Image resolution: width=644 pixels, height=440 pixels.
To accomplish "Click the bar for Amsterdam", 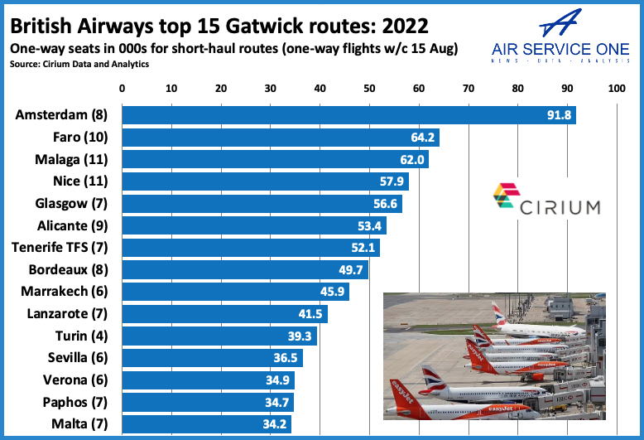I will pyautogui.click(x=348, y=115).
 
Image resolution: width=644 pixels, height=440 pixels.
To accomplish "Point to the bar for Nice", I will pyautogui.click(x=265, y=181).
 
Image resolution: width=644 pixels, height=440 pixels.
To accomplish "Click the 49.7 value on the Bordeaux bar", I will pyautogui.click(x=353, y=269).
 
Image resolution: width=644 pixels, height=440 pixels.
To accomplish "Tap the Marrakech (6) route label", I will pyautogui.click(x=70, y=292).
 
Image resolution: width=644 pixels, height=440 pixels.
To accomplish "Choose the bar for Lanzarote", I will pyautogui.click(x=224, y=314).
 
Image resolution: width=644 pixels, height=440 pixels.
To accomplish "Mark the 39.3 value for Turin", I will pyautogui.click(x=301, y=336).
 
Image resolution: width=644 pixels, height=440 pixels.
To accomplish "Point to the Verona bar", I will pyautogui.click(x=208, y=380).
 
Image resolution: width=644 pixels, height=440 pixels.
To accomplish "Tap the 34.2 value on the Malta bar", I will pyautogui.click(x=276, y=424).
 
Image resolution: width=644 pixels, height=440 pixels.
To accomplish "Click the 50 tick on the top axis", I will pyautogui.click(x=369, y=87).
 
